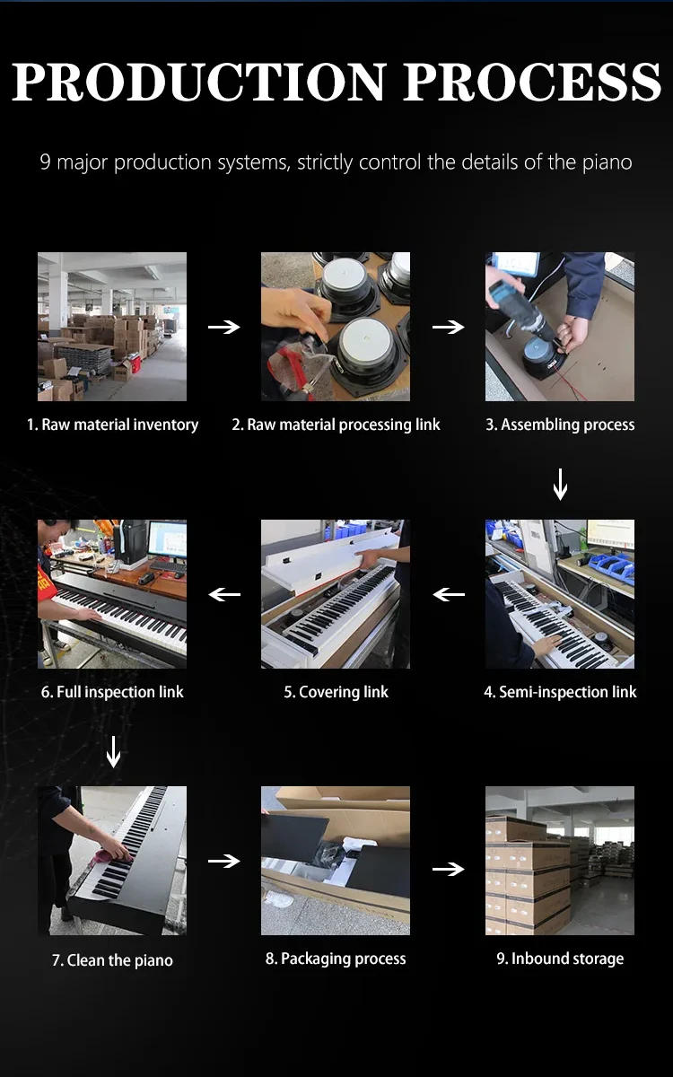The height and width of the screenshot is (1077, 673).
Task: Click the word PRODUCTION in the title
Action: pos(199,82)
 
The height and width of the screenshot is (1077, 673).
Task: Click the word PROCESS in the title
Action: pos(532,82)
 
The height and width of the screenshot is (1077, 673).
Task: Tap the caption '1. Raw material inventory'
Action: pos(112,425)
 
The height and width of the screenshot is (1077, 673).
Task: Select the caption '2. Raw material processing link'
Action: pos(336,425)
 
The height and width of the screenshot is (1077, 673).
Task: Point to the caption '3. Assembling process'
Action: pos(560,425)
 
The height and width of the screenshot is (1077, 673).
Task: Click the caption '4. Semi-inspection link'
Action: pos(560,692)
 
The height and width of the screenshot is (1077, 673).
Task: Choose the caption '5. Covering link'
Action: pos(336,692)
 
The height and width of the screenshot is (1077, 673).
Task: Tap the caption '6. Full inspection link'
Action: pos(112,692)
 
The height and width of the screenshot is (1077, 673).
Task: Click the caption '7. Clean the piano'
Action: pos(112,960)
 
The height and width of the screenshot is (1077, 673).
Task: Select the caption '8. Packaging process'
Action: pos(336,959)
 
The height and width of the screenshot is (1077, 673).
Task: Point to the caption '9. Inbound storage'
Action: pos(560,959)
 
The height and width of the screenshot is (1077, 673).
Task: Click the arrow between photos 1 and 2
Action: pos(224,327)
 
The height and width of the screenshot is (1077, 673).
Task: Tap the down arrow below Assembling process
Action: pos(560,486)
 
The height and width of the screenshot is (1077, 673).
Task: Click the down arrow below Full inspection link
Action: pos(113,751)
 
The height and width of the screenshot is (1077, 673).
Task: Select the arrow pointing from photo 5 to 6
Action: pos(224,594)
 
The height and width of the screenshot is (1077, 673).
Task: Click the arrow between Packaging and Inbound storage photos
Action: pos(448,869)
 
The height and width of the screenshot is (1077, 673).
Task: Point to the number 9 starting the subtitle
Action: pos(45,162)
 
